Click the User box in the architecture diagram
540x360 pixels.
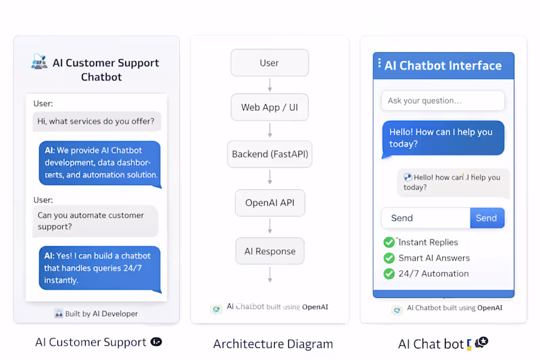pos(269,63)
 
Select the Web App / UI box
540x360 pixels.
pos(269,107)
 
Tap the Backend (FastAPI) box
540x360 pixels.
pos(269,154)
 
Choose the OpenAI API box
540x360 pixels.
pos(269,203)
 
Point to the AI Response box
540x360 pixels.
pos(269,251)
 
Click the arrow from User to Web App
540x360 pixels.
pos(269,85)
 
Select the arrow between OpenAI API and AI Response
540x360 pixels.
pos(269,227)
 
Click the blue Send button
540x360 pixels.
pos(487,218)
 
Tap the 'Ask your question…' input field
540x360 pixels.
pos(442,101)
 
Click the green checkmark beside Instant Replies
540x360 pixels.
pos(389,242)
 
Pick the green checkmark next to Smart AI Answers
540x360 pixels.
pos(389,258)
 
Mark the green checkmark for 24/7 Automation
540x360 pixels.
pos(389,274)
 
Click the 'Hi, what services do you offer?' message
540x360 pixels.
pos(97,122)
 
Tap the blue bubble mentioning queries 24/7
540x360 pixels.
pos(99,268)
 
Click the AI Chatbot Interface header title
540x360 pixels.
pos(443,66)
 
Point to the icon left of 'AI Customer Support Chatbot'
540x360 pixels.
pos(39,62)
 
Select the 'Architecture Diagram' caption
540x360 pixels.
pos(273,344)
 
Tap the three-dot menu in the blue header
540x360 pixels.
pos(379,63)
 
